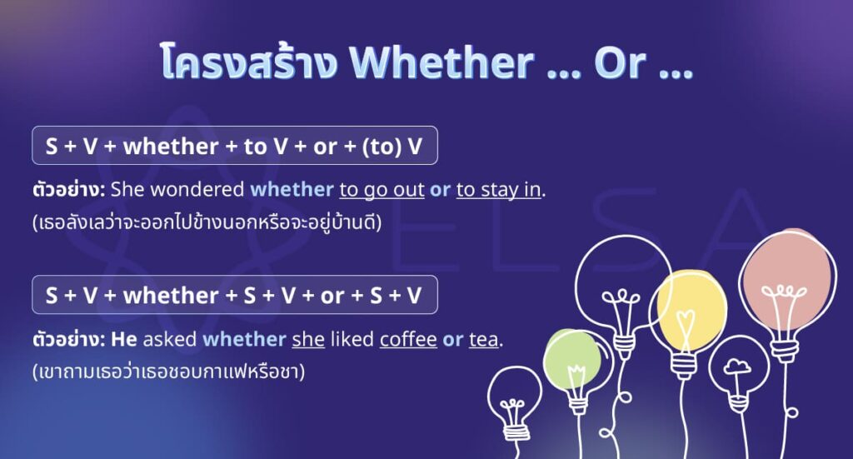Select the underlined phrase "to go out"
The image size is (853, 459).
tap(382, 189)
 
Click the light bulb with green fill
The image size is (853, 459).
tap(572, 361)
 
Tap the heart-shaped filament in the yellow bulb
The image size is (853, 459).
tap(685, 319)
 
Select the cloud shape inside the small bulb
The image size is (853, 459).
tap(737, 366)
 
